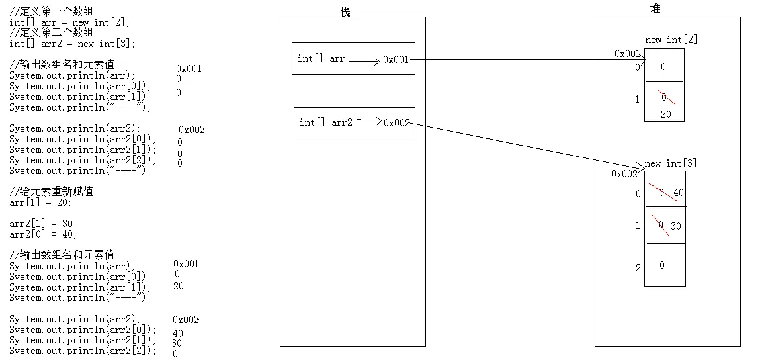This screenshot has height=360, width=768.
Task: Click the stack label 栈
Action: pos(345,12)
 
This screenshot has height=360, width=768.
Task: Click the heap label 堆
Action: pos(655,9)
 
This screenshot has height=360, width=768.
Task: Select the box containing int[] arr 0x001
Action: pos(353,59)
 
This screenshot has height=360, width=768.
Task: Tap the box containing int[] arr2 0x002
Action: pos(354,122)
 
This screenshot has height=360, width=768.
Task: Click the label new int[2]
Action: pos(671,40)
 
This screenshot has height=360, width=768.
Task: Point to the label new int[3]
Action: pos(670,163)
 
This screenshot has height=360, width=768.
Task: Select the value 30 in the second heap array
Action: pos(675,226)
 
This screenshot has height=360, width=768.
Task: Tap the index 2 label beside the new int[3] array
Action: pos(638,268)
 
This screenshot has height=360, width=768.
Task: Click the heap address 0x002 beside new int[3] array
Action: pos(624,174)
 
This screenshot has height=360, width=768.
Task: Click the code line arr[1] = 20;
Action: pos(40,202)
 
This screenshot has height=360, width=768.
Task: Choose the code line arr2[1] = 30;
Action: pos(43,224)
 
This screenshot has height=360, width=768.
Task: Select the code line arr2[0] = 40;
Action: pos(43,234)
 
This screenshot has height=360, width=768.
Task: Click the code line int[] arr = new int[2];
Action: pos(69,22)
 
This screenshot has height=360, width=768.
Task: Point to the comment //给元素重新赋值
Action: pos(52,192)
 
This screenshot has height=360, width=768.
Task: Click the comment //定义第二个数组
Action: pos(52,32)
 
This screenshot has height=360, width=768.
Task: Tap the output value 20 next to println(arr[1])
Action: pos(179,286)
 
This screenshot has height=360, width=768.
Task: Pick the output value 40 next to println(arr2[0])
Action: pos(178,334)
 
